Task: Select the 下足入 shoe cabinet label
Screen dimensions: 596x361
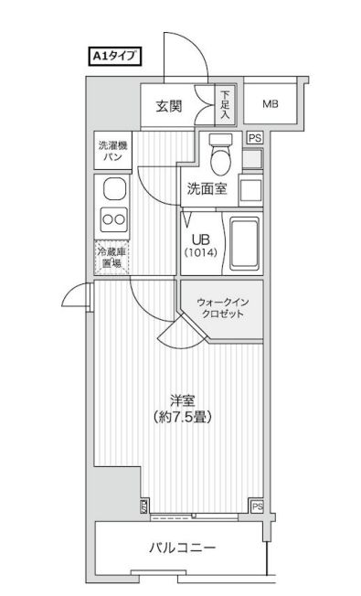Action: pyautogui.click(x=226, y=104)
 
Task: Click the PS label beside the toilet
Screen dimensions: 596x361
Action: pyautogui.click(x=255, y=138)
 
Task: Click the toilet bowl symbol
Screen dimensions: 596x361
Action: pyautogui.click(x=220, y=161)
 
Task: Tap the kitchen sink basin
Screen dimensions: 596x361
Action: pyautogui.click(x=112, y=190)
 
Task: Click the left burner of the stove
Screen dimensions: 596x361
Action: pyautogui.click(x=106, y=220)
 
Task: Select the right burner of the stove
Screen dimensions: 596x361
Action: pyautogui.click(x=120, y=220)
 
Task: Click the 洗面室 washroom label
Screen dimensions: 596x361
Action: pyautogui.click(x=207, y=190)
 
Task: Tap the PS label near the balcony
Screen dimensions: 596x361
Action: pyautogui.click(x=257, y=506)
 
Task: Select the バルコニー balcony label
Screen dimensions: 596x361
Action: pyautogui.click(x=182, y=548)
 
